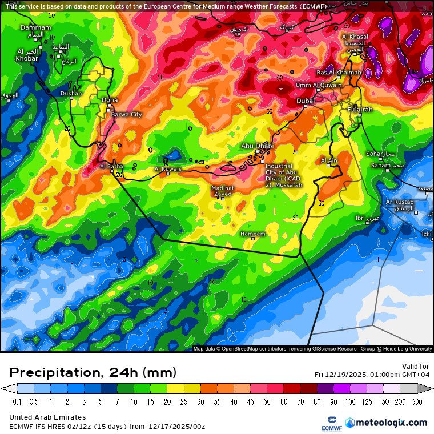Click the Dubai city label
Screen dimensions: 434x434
(306, 101)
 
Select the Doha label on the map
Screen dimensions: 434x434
(110, 101)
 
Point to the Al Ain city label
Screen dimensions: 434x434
(329, 160)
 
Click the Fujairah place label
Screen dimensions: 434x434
(360, 109)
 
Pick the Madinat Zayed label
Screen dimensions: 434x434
(222, 191)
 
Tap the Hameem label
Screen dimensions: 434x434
(253, 234)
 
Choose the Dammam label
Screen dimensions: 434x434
(35, 27)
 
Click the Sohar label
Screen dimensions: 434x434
(375, 154)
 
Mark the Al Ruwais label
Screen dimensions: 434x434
(168, 169)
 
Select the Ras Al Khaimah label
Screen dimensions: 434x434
(339, 73)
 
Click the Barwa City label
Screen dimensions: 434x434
(126, 115)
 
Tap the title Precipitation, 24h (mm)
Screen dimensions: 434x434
(93, 373)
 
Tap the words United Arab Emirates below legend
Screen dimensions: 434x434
(47, 417)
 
